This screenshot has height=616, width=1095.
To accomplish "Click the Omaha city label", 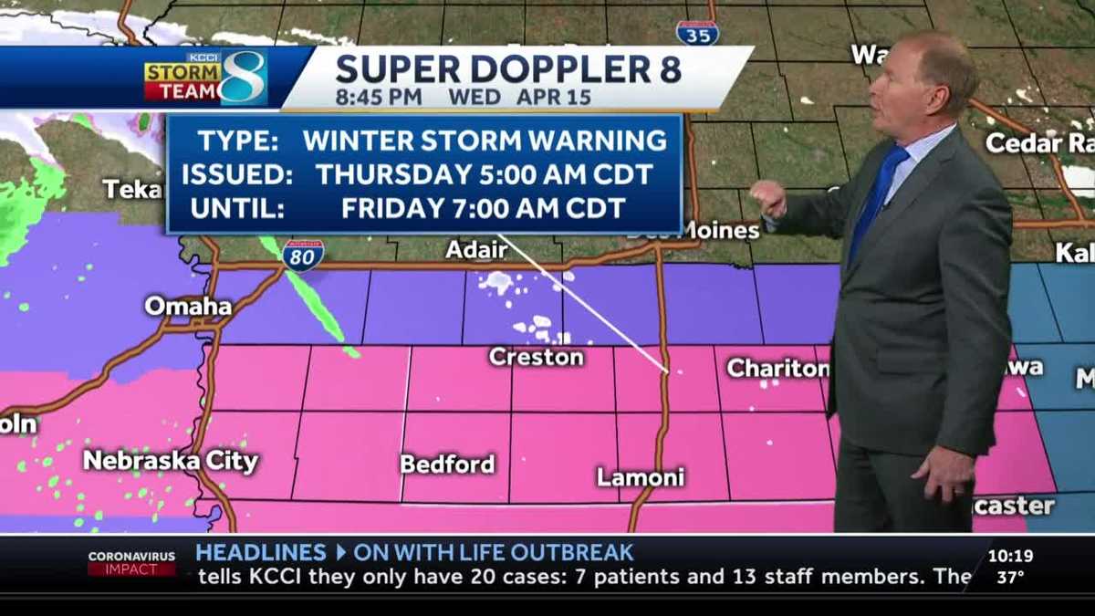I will [188, 306].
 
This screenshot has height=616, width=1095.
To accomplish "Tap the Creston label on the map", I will [536, 357].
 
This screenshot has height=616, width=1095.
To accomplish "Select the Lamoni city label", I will [640, 476].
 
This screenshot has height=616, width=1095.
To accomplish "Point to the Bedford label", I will [447, 464].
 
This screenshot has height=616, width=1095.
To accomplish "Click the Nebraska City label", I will [171, 460].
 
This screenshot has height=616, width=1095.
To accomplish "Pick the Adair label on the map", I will [476, 249].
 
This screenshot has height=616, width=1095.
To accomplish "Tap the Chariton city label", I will [777, 368].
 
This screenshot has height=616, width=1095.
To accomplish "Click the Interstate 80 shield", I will [302, 255].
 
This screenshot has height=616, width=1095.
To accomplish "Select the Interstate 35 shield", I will [697, 32].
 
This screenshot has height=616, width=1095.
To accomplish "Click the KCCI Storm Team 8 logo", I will [205, 78].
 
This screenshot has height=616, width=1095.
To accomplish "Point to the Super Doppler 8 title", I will [508, 69].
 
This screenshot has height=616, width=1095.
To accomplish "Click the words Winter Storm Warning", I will [485, 141].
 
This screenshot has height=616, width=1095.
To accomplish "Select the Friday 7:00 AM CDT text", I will [483, 207].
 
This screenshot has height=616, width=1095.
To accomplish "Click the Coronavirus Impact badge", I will [131, 562].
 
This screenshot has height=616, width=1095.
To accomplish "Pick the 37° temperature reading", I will [1009, 577].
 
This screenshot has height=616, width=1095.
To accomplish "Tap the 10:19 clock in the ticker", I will [1010, 555].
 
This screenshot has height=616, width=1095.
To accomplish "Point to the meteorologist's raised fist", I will [767, 197].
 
